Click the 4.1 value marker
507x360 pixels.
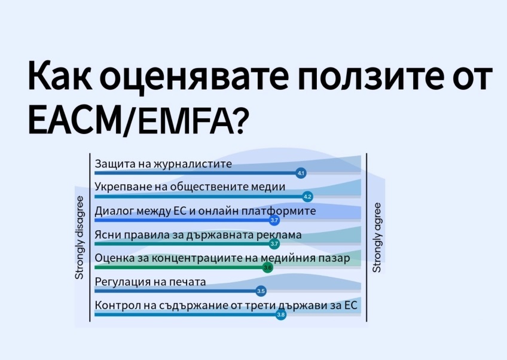tap(301, 173)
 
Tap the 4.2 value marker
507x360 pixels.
tap(307, 196)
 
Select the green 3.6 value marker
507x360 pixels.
tap(267, 267)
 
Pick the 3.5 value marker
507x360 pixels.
tap(261, 291)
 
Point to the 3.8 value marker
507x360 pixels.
tap(281, 315)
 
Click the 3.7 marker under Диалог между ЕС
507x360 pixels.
tap(274, 220)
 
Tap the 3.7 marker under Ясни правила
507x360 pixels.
tap(274, 243)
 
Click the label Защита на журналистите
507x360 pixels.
tap(163, 164)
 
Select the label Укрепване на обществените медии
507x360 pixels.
tap(190, 187)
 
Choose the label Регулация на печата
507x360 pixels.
tap(150, 282)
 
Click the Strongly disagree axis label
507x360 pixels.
tap(79, 237)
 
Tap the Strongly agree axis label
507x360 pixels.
tap(377, 237)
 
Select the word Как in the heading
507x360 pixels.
tap(60, 75)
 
